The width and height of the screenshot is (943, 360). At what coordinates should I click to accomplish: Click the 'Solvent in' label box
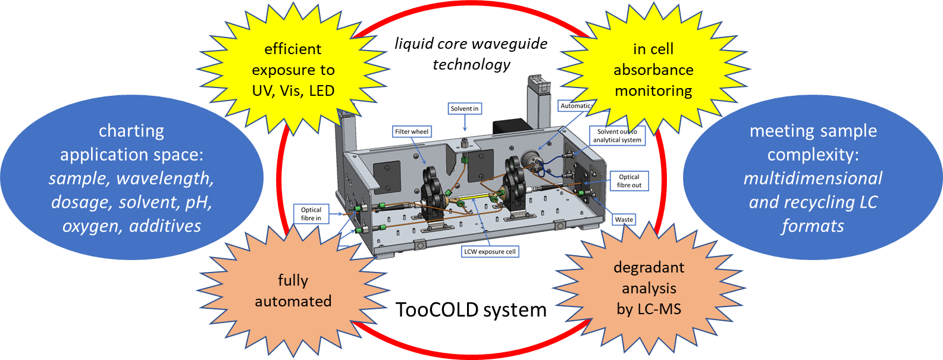point(464,108)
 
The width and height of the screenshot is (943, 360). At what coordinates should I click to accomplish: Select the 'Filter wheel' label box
point(412,132)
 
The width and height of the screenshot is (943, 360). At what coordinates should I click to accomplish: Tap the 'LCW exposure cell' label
point(490,252)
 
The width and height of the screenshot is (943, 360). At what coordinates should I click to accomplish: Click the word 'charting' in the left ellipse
point(131,130)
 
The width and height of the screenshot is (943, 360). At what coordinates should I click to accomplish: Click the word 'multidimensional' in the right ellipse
point(813,178)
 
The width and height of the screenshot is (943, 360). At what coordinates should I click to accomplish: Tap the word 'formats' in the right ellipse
point(813,226)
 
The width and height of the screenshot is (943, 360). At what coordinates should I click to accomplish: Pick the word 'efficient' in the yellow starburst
point(293,49)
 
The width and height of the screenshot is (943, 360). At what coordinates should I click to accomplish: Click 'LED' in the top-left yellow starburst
point(322,91)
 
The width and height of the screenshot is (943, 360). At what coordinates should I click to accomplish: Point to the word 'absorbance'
point(653,70)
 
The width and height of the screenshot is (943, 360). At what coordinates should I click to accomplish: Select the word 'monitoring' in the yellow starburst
point(653,91)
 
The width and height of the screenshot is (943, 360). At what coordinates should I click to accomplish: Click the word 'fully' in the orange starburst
point(293,280)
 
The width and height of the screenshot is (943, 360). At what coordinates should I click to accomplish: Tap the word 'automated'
point(293,301)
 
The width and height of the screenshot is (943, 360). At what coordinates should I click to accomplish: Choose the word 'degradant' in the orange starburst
point(648,267)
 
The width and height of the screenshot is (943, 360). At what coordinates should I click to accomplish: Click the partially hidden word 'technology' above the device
point(471,66)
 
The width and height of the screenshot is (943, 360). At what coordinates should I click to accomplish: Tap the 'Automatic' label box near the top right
point(575,106)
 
